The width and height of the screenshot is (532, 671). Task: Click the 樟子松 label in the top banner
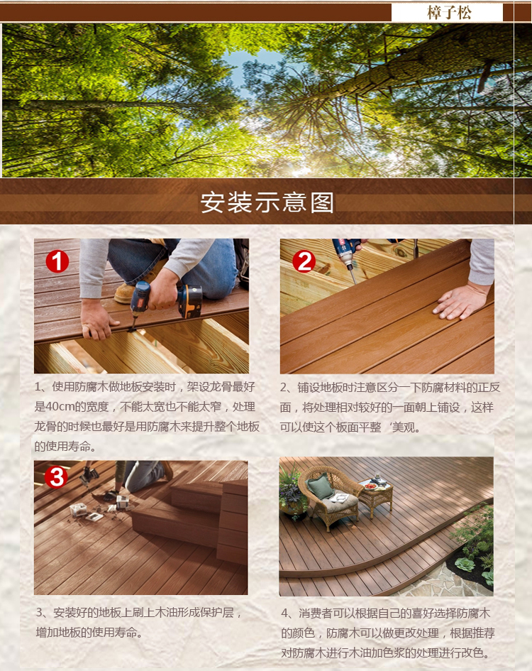click(x=448, y=12)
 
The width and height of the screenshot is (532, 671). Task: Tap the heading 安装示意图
click(x=267, y=202)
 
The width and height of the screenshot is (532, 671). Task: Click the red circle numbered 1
click(x=57, y=261)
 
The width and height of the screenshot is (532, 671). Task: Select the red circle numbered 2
click(x=304, y=261)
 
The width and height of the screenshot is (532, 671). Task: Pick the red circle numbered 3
click(x=56, y=477)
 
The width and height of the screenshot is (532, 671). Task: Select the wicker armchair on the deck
click(x=329, y=496)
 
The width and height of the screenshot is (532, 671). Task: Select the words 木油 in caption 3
click(x=166, y=613)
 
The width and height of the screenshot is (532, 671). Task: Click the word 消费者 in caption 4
click(x=316, y=613)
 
